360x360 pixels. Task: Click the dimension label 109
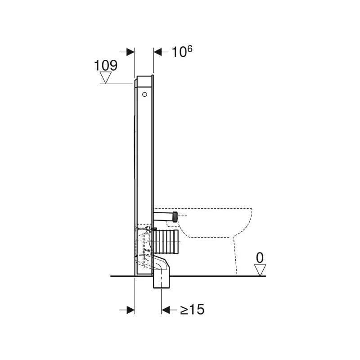(106, 65)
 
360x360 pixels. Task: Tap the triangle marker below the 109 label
(106, 78)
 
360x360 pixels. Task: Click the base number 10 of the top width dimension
(179, 52)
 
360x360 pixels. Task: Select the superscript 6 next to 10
(189, 49)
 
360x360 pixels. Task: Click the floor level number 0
(259, 258)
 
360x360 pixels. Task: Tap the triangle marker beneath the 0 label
(260, 270)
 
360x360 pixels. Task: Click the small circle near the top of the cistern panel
(144, 94)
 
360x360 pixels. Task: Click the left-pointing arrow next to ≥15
(166, 310)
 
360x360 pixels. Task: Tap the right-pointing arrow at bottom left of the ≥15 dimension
(130, 310)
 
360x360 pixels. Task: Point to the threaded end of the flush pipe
(175, 216)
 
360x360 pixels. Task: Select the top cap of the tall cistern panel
(144, 81)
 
